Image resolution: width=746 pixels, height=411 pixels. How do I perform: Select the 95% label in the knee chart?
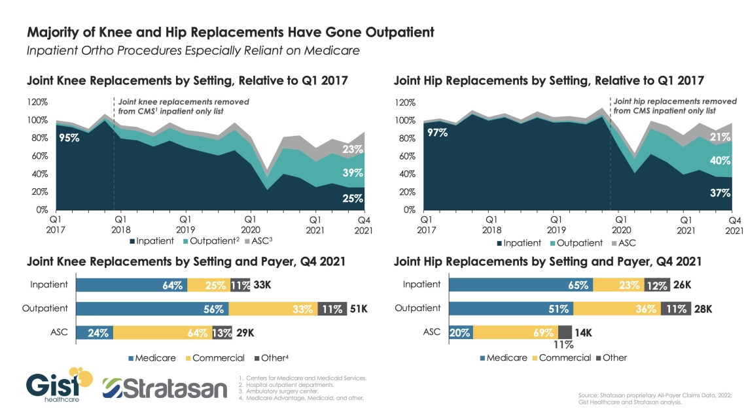click(x=68, y=138)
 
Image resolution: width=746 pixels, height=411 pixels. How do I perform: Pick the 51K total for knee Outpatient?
click(x=357, y=308)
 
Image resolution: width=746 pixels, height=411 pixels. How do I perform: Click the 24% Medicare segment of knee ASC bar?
click(x=95, y=332)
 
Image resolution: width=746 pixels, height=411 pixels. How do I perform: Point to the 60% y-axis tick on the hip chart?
click(x=407, y=157)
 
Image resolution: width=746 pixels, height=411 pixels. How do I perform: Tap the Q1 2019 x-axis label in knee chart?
click(x=185, y=225)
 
